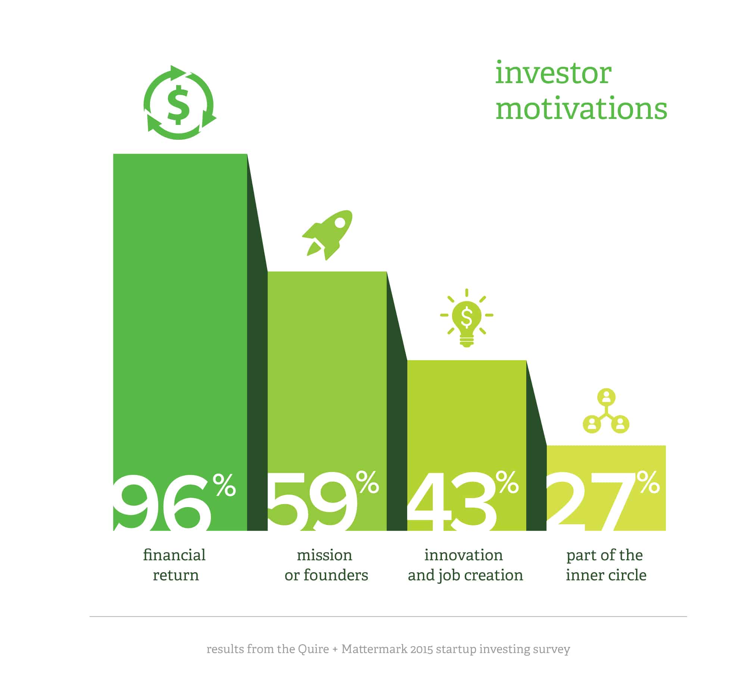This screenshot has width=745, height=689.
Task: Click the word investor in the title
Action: (553, 73)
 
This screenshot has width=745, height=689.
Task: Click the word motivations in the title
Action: (581, 108)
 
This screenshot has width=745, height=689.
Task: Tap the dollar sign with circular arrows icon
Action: (180, 102)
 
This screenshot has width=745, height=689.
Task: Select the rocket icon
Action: (327, 235)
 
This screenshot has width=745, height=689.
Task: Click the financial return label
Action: (175, 565)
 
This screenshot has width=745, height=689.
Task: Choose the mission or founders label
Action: (326, 565)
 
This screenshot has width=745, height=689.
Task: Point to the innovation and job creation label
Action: (465, 565)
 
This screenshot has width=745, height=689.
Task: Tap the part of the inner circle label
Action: (605, 565)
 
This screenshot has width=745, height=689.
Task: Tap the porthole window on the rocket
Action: (340, 223)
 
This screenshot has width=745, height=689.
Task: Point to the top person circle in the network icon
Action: (606, 397)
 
